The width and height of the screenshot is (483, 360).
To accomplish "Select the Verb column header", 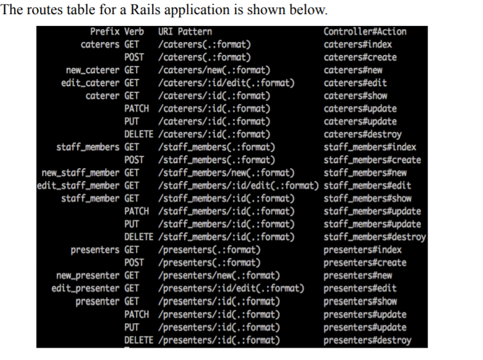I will click(x=134, y=31).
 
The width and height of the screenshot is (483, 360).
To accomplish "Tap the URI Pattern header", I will click(x=185, y=31).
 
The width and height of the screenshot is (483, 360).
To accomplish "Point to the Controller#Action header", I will click(x=365, y=31).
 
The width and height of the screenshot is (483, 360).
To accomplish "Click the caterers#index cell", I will click(x=357, y=44).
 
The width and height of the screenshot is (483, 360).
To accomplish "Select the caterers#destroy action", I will click(x=362, y=134).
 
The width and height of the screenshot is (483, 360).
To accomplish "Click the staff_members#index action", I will click(x=370, y=147).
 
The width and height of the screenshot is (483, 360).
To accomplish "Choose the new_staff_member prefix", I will click(x=78, y=173).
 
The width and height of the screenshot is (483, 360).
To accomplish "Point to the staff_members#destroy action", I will click(x=375, y=237).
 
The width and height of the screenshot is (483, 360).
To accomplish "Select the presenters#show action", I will click(x=360, y=301).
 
